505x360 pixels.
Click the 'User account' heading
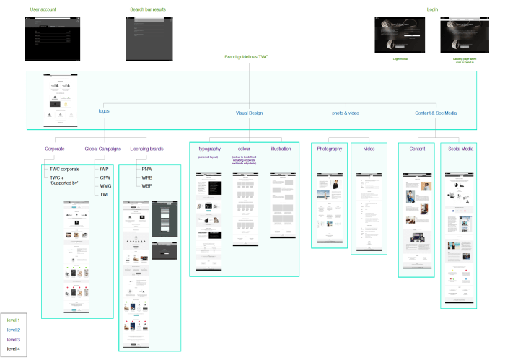point(43,9)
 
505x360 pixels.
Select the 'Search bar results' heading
point(148,9)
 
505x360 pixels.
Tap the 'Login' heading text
point(432,9)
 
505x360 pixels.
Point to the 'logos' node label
point(105,112)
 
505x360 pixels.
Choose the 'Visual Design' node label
point(250,113)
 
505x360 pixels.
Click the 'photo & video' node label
point(345,113)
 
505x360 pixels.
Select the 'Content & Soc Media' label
point(436,113)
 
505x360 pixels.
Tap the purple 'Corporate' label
point(55,149)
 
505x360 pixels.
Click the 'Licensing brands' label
point(146,149)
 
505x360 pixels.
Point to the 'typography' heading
point(209,149)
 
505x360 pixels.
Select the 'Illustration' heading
point(281,149)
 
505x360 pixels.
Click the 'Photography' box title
point(329,149)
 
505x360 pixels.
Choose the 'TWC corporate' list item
point(64,169)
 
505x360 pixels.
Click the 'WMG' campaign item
point(105,185)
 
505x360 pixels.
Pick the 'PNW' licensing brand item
point(147,169)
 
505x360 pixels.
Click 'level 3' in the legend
point(14,339)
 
